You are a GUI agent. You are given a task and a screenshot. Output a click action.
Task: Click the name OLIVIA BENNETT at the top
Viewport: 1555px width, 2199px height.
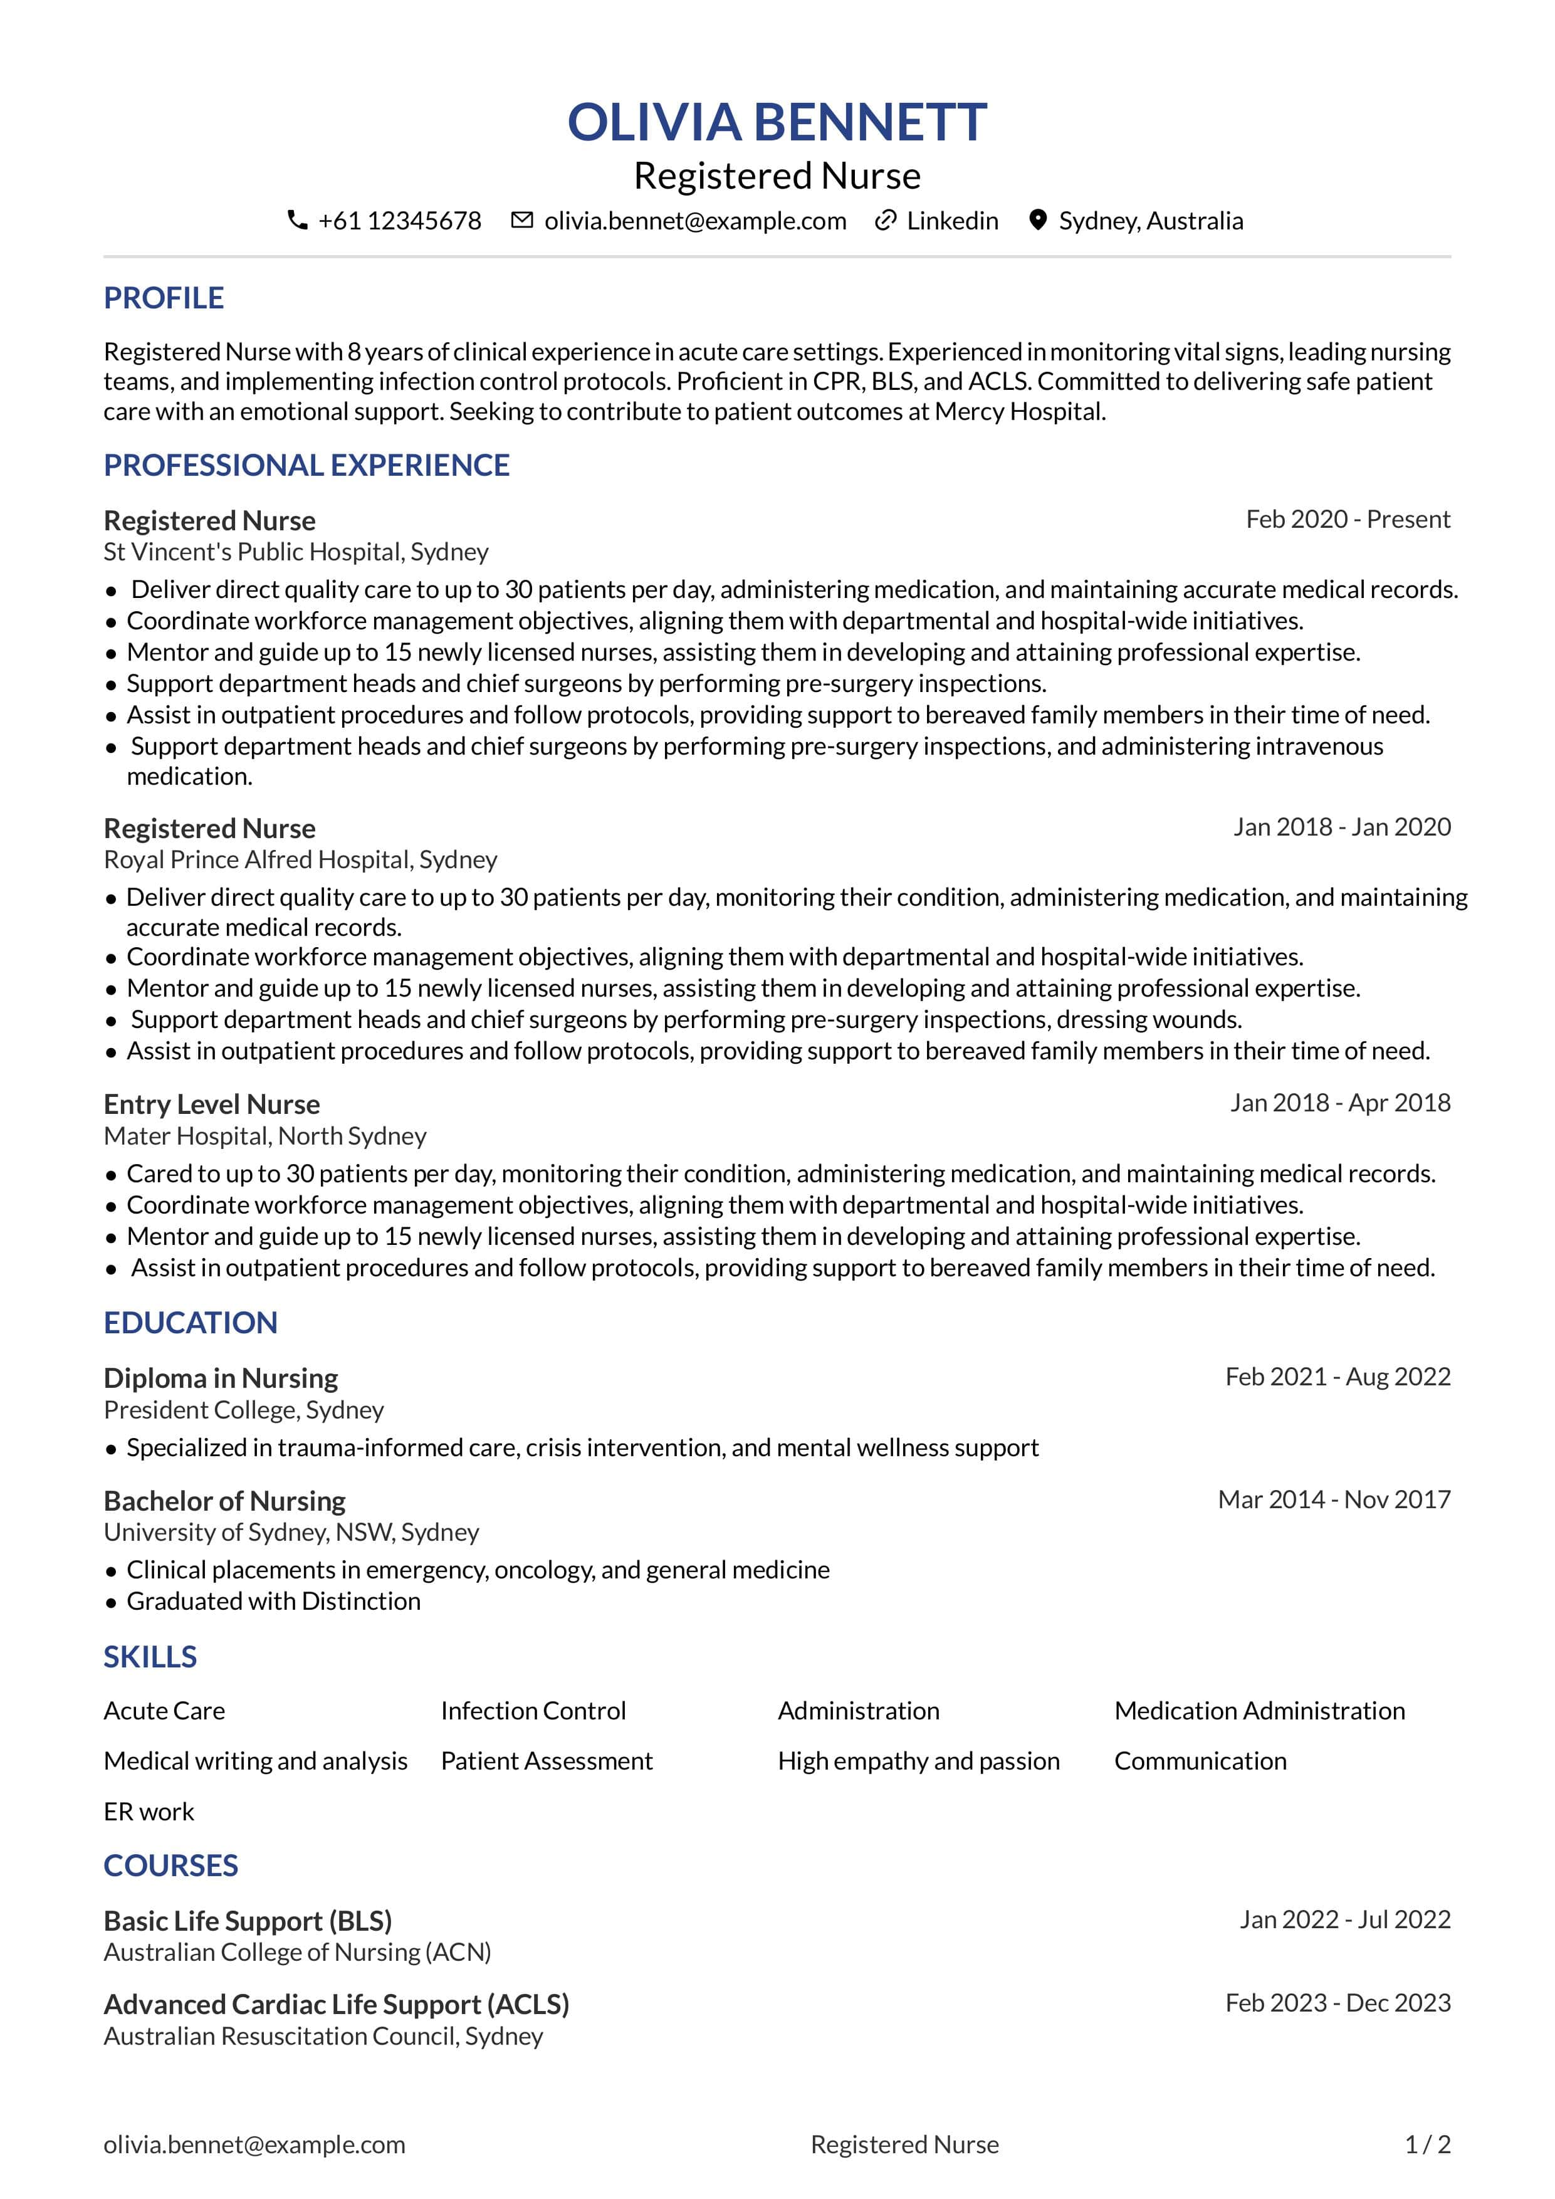pos(777,123)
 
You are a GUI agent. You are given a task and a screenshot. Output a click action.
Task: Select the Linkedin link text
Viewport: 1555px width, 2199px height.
pos(952,221)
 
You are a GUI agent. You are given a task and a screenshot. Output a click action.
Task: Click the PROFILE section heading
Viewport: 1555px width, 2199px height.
pos(164,298)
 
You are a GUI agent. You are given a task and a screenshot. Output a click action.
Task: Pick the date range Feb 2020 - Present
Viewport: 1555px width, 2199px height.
pos(1347,519)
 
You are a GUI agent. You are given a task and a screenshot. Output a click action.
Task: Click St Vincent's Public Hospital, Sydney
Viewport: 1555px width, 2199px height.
pos(296,552)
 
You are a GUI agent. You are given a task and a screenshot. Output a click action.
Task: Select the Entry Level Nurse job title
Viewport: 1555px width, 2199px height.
pos(212,1105)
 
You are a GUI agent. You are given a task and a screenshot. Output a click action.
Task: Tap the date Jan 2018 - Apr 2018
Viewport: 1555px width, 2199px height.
pos(1339,1103)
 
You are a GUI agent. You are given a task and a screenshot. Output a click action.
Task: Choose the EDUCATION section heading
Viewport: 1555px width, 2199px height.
pos(191,1323)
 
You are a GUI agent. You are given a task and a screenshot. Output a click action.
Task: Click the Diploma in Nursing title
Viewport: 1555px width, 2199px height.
pos(221,1378)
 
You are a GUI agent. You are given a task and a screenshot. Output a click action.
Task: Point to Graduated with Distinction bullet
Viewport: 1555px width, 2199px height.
pos(273,1602)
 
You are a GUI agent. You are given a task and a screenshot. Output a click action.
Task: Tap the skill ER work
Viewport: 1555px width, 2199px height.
pos(149,1812)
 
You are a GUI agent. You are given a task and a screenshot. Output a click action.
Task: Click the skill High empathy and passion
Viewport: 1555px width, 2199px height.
pos(918,1761)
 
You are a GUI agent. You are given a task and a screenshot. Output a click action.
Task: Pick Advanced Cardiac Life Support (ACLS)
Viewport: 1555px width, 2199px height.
pos(336,2005)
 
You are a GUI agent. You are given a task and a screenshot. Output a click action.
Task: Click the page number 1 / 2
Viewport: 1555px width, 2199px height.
pos(1427,2144)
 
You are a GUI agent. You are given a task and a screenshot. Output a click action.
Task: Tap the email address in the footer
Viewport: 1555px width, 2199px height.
pos(254,2144)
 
